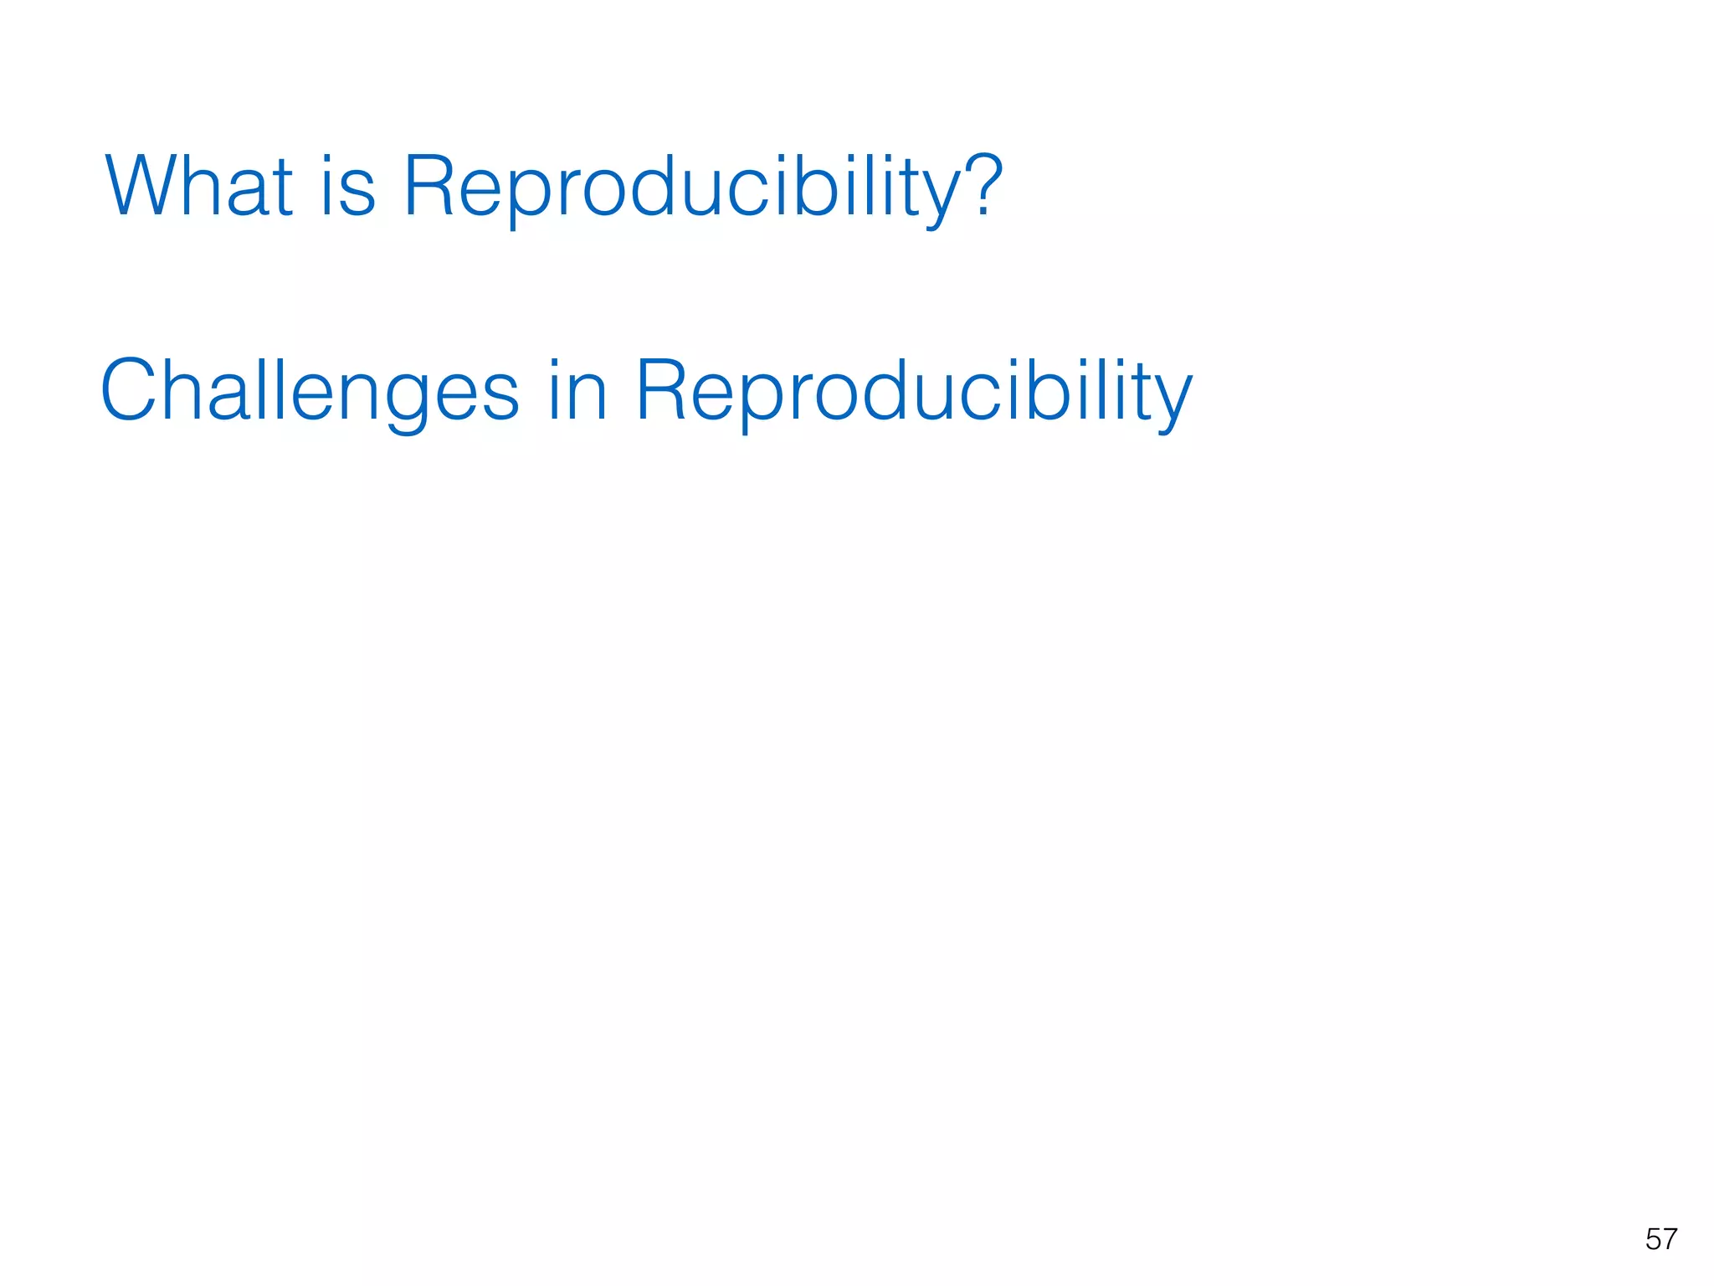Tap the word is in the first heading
347,186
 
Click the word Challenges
309,392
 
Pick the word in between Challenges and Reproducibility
577,390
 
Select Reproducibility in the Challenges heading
913,392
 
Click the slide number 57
1660,1239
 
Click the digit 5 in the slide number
1652,1239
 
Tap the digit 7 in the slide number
1670,1239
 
